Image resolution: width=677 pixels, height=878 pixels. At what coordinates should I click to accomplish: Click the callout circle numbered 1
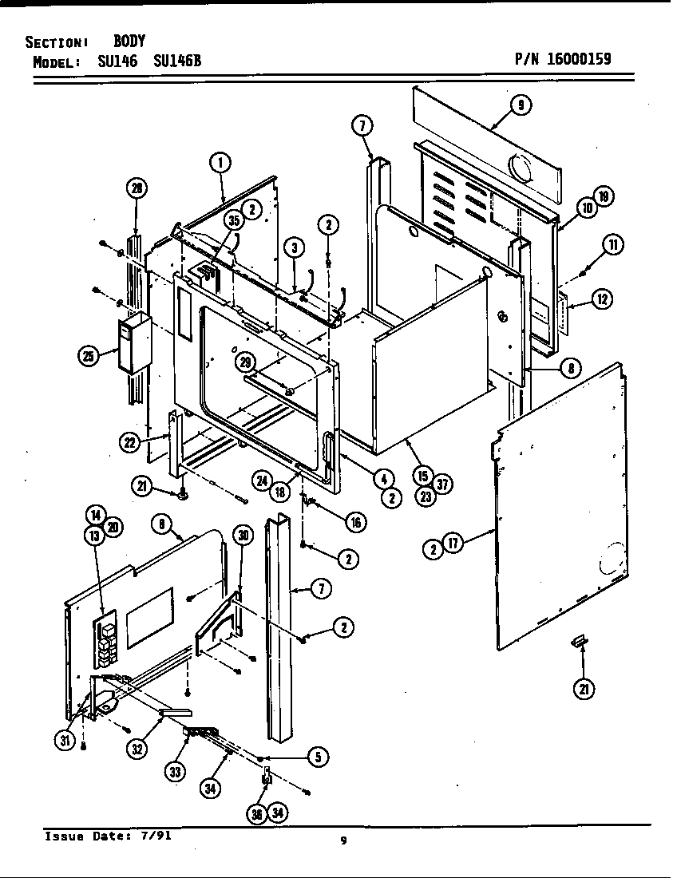pyautogui.click(x=220, y=163)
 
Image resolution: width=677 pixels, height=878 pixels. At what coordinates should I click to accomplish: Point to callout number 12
pyautogui.click(x=603, y=300)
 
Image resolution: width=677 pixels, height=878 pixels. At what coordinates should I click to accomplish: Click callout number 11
pyautogui.click(x=612, y=245)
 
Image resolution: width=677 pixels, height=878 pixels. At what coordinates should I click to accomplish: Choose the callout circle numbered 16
pyautogui.click(x=354, y=522)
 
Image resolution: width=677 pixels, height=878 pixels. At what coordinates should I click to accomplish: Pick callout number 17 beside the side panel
pyautogui.click(x=452, y=546)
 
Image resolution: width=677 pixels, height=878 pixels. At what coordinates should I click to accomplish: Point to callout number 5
pyautogui.click(x=318, y=757)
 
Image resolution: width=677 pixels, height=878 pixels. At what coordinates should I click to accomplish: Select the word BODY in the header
pyautogui.click(x=129, y=42)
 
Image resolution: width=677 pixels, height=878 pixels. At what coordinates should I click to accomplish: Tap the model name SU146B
pyautogui.click(x=171, y=61)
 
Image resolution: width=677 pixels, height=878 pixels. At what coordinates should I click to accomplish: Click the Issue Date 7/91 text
pyautogui.click(x=107, y=836)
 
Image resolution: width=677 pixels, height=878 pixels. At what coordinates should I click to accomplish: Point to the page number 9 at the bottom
pyautogui.click(x=343, y=840)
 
